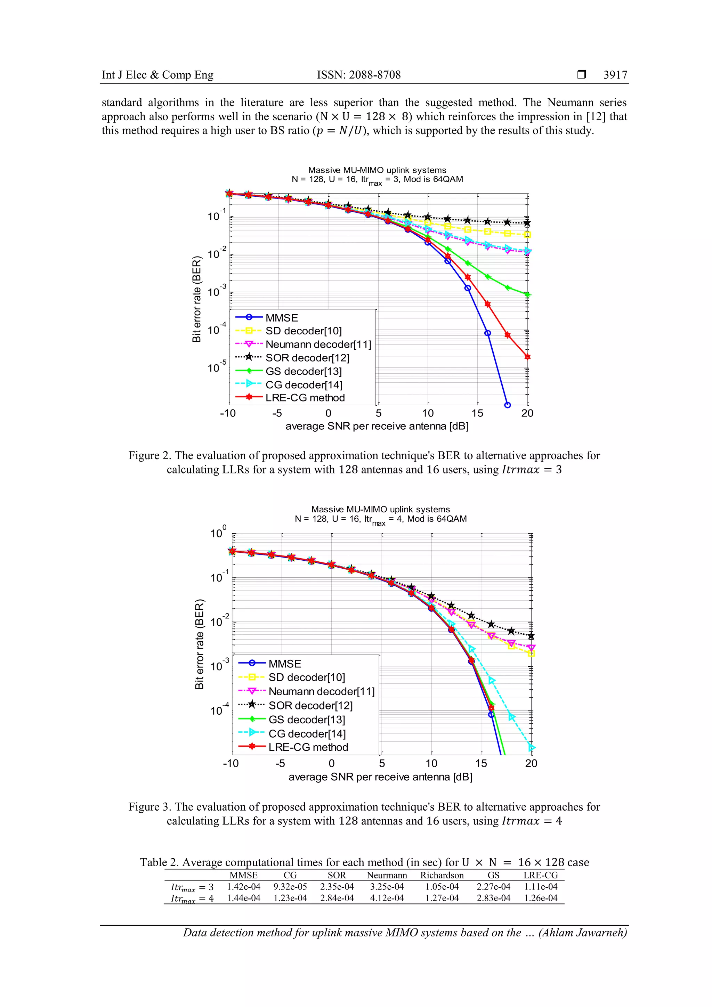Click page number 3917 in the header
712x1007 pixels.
[x=615, y=75]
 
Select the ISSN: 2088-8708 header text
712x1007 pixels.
[x=358, y=75]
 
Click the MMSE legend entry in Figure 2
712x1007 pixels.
[x=281, y=318]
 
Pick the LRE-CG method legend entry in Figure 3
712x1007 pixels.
[x=308, y=747]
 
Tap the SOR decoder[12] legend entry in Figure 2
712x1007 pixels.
[x=307, y=358]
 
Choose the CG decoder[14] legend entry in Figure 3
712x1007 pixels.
[x=307, y=733]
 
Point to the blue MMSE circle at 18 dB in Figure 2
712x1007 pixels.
[x=508, y=405]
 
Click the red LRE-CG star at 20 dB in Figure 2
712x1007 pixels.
[x=527, y=357]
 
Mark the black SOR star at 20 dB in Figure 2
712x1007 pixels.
[x=527, y=223]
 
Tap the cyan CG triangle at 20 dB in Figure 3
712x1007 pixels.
[x=532, y=747]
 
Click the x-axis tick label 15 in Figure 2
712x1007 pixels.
[x=477, y=413]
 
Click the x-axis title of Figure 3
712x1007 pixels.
[x=380, y=777]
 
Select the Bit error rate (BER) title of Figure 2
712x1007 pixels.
[x=196, y=299]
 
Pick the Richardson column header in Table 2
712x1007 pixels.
[x=442, y=875]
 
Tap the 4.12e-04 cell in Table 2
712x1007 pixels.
[x=387, y=898]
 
